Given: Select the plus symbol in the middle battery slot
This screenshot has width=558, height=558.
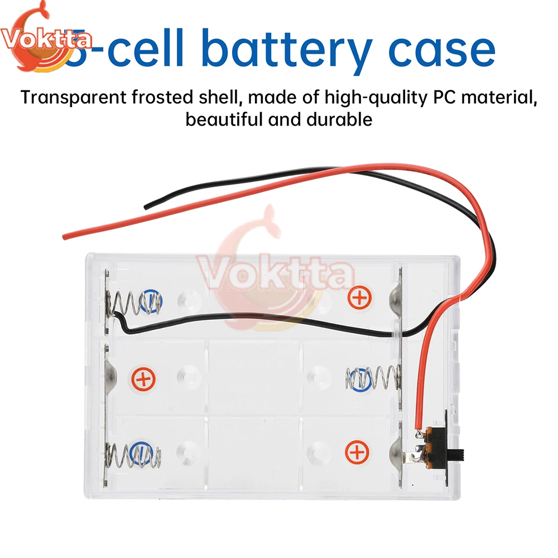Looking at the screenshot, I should pos(143,380).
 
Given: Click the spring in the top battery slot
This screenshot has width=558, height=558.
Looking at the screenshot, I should pos(137,303).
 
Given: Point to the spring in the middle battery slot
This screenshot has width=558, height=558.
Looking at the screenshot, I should pos(373,379).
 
